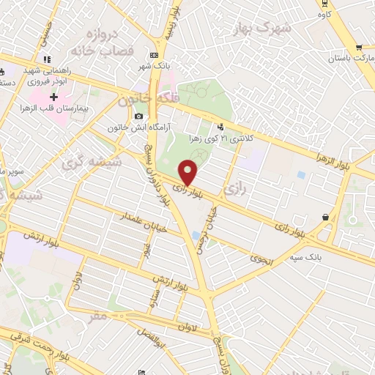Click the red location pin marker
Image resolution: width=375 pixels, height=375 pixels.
click(x=189, y=171)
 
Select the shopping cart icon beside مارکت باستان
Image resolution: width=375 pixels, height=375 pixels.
click(x=359, y=48)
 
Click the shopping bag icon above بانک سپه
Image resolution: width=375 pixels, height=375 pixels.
click(x=325, y=217)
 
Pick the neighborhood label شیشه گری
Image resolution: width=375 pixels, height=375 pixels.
click(x=95, y=162)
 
